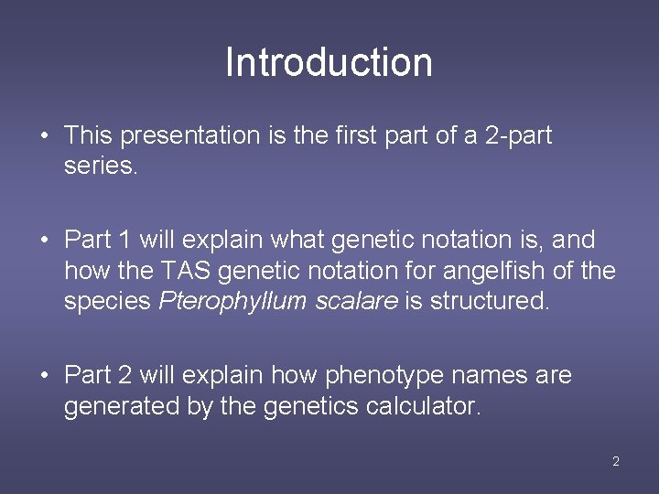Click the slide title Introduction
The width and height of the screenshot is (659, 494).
[329, 62]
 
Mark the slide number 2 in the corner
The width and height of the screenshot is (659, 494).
[615, 461]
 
